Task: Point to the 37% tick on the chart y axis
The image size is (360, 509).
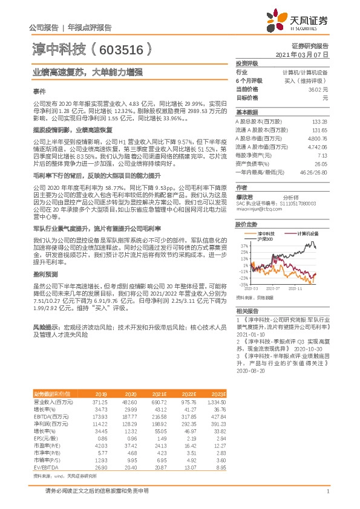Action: [243, 246]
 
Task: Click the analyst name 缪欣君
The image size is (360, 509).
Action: [244, 196]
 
